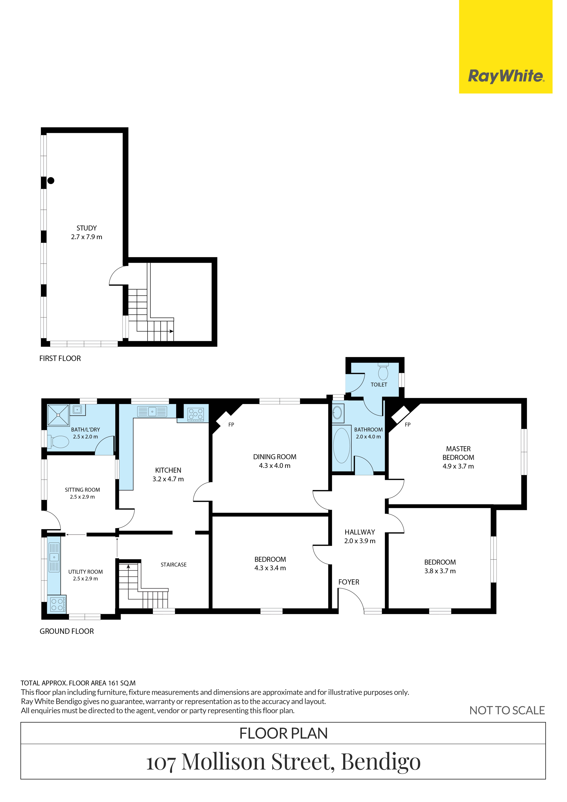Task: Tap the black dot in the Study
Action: click(x=51, y=181)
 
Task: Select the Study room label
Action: click(x=87, y=232)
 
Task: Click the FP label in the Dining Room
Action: click(x=231, y=425)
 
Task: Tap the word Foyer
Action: click(x=349, y=582)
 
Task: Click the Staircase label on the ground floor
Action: click(x=174, y=564)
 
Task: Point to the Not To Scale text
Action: click(x=507, y=711)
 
